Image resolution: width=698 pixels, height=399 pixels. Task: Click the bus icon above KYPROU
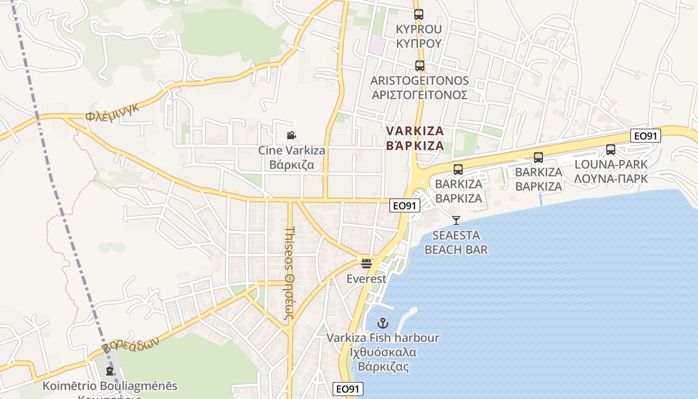pyautogui.click(x=418, y=14)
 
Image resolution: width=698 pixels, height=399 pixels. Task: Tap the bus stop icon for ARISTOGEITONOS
pyautogui.click(x=419, y=65)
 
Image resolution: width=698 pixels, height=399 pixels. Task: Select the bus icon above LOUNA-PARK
pyautogui.click(x=611, y=149)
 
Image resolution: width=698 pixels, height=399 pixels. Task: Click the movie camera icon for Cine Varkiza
pyautogui.click(x=292, y=135)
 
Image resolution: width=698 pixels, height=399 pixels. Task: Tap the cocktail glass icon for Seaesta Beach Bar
pyautogui.click(x=456, y=220)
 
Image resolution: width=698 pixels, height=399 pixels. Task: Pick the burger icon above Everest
pyautogui.click(x=366, y=263)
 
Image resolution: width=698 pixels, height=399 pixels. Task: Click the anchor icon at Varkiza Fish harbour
pyautogui.click(x=383, y=323)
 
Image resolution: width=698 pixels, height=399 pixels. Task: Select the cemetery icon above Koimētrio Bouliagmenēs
pyautogui.click(x=110, y=371)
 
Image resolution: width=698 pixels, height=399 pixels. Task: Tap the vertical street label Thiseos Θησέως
pyautogui.click(x=291, y=270)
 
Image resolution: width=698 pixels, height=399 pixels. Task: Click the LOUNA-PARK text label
pyautogui.click(x=611, y=164)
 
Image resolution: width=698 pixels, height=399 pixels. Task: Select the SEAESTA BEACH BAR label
pyautogui.click(x=456, y=242)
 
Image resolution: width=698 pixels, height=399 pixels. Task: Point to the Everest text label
pyautogui.click(x=366, y=279)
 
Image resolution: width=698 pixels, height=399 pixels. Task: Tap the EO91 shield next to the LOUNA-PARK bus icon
pyautogui.click(x=646, y=136)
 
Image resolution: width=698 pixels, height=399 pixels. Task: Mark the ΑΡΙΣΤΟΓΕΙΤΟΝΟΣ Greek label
pyautogui.click(x=419, y=95)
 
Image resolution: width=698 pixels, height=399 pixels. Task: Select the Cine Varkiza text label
pyautogui.click(x=292, y=150)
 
